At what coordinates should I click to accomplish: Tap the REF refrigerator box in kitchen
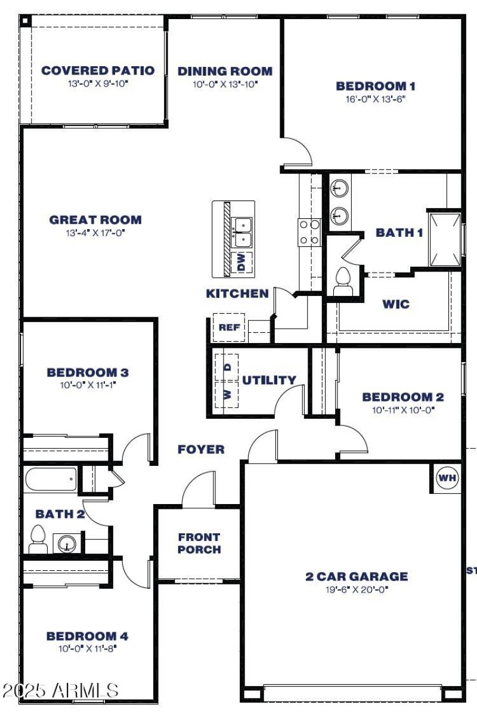(x=229, y=327)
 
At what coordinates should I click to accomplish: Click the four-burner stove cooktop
(x=309, y=232)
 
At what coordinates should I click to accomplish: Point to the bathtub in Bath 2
(x=51, y=479)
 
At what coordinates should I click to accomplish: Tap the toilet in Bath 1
(x=343, y=280)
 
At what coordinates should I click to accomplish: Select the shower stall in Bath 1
(x=444, y=239)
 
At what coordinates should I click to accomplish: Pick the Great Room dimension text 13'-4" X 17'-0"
(x=95, y=233)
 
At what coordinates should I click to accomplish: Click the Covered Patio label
(x=98, y=70)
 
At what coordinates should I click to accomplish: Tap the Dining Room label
(x=225, y=72)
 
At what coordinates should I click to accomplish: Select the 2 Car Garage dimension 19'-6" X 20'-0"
(x=356, y=589)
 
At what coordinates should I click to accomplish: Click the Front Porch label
(x=199, y=543)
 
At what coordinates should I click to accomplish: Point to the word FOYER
(x=201, y=449)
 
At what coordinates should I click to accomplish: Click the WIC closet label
(x=396, y=304)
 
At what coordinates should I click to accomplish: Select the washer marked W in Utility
(x=227, y=394)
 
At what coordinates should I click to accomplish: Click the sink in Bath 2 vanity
(x=66, y=543)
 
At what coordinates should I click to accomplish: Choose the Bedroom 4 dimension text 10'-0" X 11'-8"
(x=87, y=649)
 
